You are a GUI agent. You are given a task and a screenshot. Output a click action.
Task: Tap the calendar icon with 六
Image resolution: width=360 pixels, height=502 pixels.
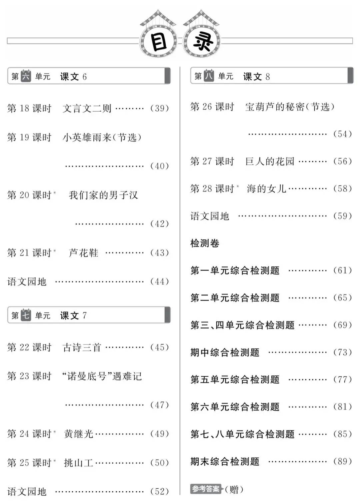coord(26,76)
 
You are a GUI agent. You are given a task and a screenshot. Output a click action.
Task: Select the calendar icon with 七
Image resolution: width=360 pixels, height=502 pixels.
coord(26,315)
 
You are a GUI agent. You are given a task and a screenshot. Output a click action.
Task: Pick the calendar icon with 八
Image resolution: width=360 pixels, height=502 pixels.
coord(209,76)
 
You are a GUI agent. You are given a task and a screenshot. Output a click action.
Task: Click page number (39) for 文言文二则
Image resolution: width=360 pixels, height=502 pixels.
coord(160,108)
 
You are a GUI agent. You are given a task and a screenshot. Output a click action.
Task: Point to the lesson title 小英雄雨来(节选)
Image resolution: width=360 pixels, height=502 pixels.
coord(102,137)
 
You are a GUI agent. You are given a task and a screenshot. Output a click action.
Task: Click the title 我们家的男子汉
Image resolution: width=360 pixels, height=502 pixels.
coord(103,195)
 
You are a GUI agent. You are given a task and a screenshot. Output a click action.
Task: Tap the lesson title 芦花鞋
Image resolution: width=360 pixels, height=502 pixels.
coord(83,253)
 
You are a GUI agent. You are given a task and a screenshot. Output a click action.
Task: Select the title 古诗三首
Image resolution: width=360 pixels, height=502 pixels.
coord(82,347)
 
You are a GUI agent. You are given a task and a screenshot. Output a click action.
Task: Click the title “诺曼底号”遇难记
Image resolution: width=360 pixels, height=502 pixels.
coord(102,376)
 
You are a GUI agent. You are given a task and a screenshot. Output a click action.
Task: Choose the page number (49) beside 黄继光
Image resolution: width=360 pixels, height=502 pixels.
coord(160,434)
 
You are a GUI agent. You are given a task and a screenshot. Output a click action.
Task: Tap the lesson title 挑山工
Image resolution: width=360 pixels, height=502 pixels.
coord(78,463)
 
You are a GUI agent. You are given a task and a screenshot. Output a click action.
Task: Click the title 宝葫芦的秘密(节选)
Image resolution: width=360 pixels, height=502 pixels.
coord(290,107)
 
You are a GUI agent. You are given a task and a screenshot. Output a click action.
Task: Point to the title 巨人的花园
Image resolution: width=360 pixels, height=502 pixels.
coord(270,162)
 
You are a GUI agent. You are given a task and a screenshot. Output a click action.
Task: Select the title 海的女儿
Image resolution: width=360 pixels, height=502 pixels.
coord(266,189)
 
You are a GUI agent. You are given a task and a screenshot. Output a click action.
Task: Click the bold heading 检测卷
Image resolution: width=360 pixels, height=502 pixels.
coord(205,244)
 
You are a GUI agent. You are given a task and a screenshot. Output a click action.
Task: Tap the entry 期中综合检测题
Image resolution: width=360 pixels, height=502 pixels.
coord(225,352)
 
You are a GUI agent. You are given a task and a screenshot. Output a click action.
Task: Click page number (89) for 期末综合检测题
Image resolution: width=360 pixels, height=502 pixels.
coord(343,461)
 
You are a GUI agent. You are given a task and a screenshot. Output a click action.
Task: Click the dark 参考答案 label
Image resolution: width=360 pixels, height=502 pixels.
coord(206,489)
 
